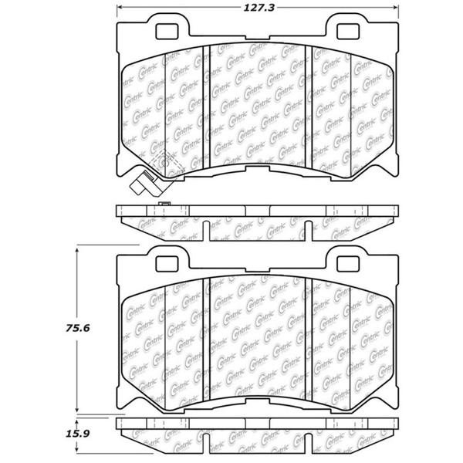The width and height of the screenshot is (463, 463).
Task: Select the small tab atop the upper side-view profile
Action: point(163,204)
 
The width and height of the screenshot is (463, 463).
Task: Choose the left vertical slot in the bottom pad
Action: point(206,340)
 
